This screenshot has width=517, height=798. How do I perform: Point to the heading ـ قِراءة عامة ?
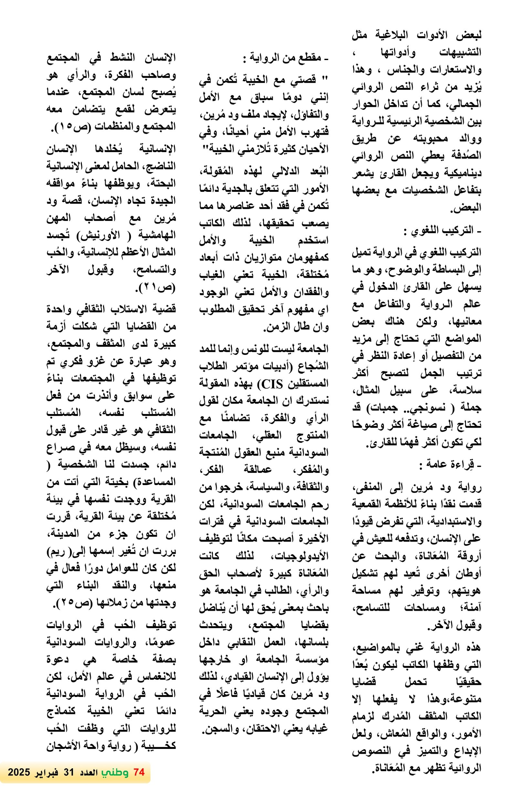tap(450, 465)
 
